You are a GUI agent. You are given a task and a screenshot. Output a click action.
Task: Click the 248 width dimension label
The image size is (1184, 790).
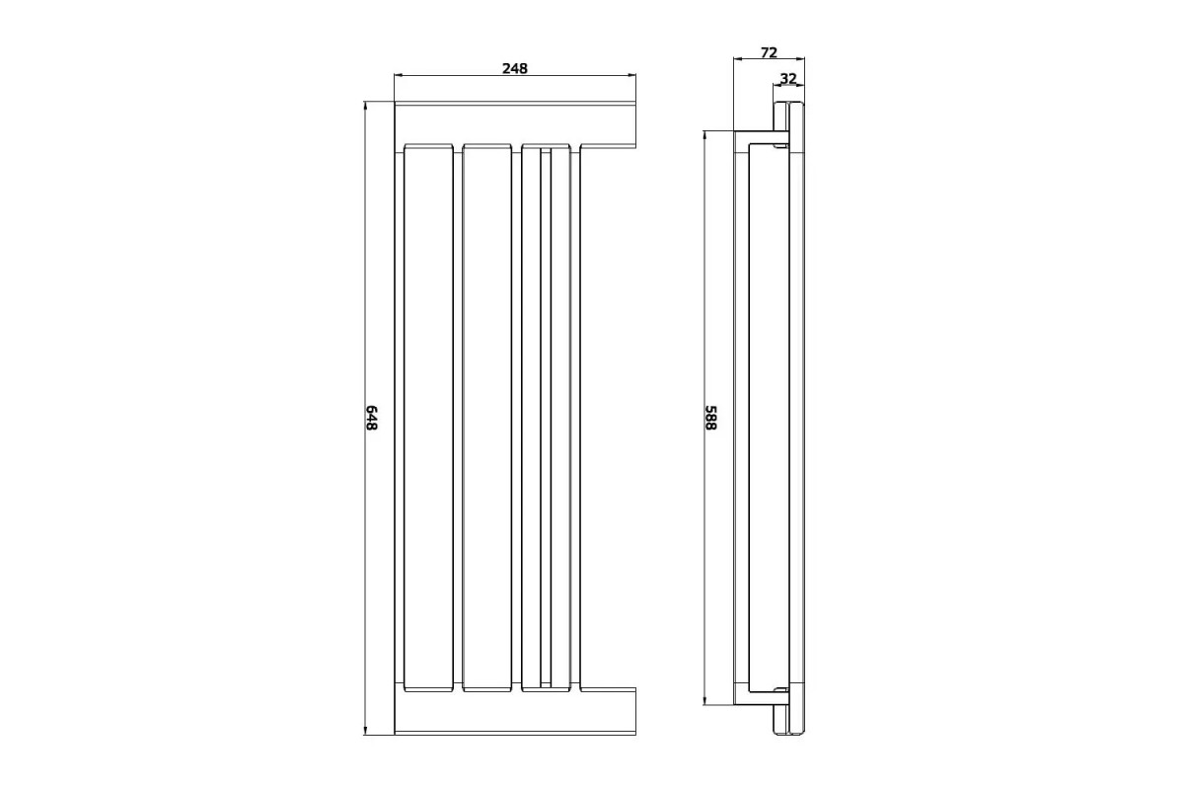coord(515,69)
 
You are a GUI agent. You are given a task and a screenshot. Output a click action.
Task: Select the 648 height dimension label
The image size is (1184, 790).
coord(372,418)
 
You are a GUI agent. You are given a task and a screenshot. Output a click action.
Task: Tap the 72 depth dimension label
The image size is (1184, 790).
coord(769,53)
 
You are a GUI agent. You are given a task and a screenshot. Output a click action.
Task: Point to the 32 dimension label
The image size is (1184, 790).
coord(788,79)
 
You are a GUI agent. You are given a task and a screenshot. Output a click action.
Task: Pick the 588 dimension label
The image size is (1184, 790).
coord(711,418)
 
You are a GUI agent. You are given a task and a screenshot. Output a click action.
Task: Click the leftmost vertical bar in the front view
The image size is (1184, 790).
coord(428,418)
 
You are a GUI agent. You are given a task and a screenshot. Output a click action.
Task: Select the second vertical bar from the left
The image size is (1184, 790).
coord(486,418)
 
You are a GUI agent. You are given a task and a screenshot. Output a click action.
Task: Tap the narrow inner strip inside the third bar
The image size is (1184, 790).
coord(546,418)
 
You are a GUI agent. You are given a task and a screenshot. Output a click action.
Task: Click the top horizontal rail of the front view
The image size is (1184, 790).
coord(515,124)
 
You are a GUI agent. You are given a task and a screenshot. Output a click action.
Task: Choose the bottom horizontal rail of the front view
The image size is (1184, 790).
coord(515,711)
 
